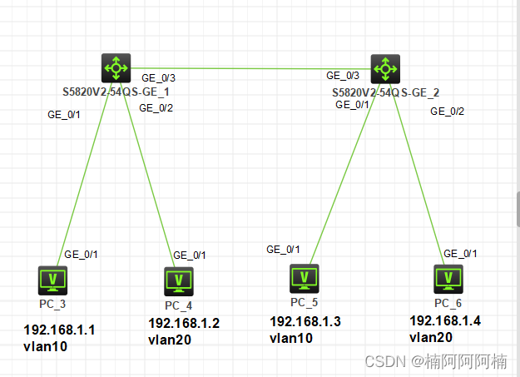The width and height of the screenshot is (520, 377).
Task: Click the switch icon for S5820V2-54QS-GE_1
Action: (116, 67)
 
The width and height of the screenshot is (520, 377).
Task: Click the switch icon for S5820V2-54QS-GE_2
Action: (385, 67)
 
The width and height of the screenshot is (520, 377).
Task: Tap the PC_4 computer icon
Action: (178, 282)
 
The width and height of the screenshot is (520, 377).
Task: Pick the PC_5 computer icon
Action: (304, 278)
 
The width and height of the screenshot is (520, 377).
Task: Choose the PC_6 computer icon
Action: (448, 279)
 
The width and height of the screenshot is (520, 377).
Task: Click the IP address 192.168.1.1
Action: (60, 330)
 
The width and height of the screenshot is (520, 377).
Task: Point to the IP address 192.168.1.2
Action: (184, 323)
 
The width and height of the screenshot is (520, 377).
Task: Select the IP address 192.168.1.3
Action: (305, 321)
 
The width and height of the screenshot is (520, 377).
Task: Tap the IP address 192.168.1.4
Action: (445, 320)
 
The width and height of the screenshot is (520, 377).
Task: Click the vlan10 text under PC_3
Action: (46, 346)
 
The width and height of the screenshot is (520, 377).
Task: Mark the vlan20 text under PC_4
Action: (171, 340)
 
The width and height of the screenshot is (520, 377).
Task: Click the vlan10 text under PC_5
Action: (291, 337)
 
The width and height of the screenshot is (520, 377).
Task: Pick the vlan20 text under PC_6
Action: (431, 337)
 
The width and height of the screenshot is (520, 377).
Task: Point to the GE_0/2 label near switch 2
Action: (447, 111)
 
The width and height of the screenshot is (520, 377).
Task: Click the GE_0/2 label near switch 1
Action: (156, 107)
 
